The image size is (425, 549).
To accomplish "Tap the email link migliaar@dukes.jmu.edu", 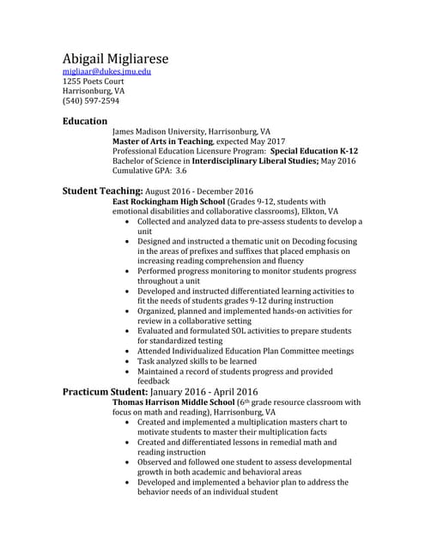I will click(x=106, y=72).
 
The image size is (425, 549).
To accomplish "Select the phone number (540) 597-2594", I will click(x=91, y=101).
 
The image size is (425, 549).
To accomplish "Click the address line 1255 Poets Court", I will click(x=93, y=81).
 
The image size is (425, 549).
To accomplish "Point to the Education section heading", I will click(x=85, y=121).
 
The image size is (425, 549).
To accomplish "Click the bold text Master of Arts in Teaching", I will click(x=161, y=141).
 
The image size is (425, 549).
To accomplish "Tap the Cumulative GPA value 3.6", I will click(x=181, y=171).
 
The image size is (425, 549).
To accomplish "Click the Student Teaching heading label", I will click(x=102, y=190).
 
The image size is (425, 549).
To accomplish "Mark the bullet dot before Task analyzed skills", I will click(x=128, y=362).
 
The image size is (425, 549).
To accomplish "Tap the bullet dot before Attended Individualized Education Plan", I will click(x=128, y=352).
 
